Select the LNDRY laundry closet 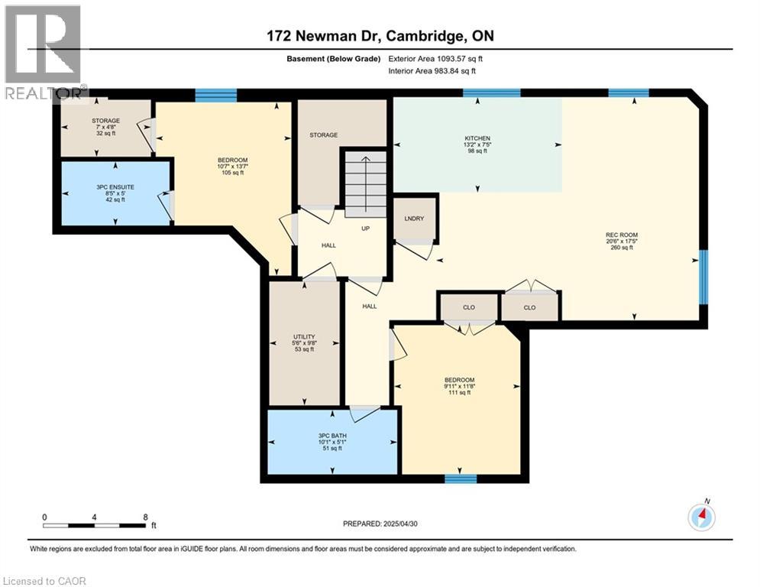[414, 219]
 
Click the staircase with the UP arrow [365, 183]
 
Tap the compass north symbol [701, 517]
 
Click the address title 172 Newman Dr [375, 36]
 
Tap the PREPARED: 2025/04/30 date [387, 524]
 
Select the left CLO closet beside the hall [469, 307]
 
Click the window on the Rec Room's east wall [703, 272]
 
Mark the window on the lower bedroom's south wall [461, 479]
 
